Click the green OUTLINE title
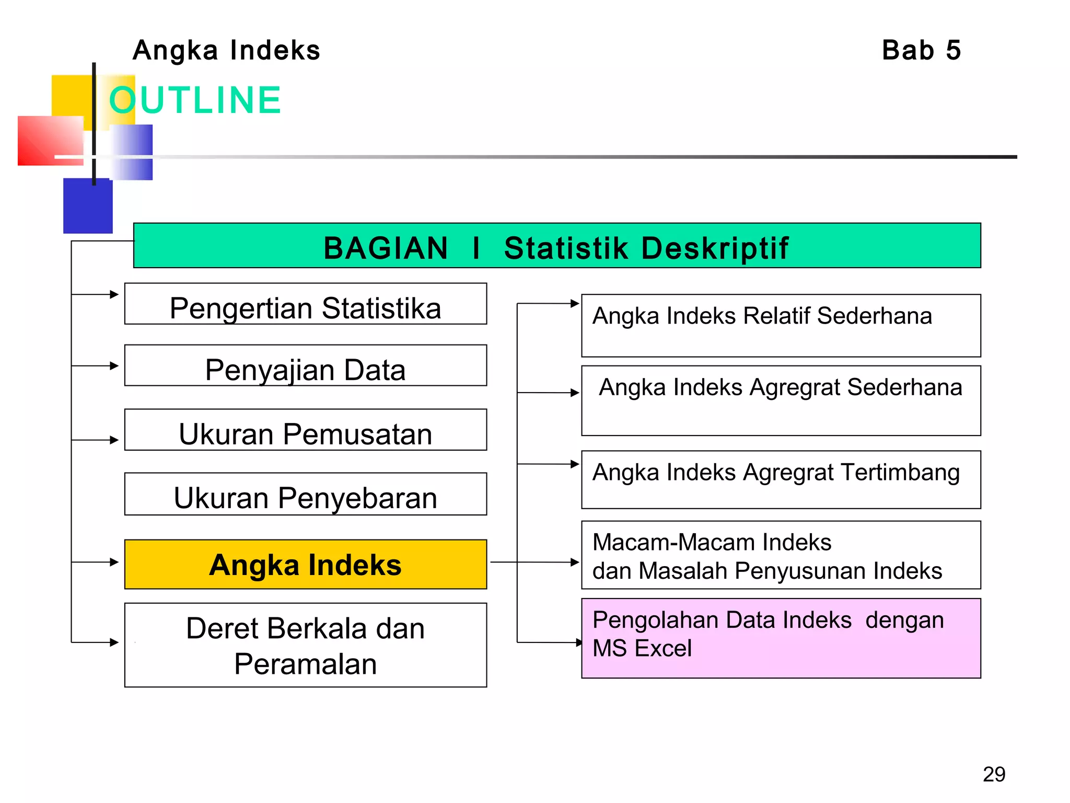195,100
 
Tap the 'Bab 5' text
921,51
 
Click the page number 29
994,774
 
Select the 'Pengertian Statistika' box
306,304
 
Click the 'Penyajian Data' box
306,365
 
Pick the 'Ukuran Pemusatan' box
306,430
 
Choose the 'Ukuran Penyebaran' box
306,494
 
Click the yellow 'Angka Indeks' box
306,565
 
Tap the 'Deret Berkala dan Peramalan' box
306,645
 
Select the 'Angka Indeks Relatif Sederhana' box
781,326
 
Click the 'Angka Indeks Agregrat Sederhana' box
781,401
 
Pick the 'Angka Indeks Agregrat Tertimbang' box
781,480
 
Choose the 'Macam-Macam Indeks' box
781,555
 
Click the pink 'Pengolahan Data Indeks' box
781,638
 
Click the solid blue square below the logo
88,207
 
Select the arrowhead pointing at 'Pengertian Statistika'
114,294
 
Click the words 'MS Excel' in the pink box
642,648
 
